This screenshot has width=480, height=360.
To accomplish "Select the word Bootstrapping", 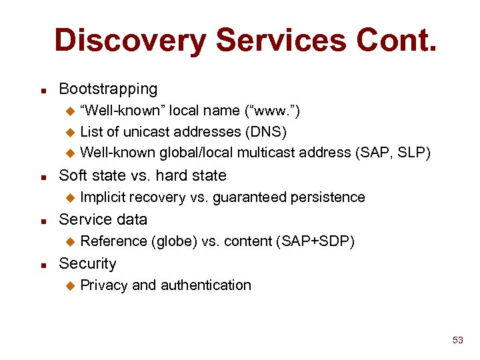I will pos(108,89).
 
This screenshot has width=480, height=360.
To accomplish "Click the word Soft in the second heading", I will pos(74,175).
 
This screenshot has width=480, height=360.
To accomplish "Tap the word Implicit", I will pos(103,197).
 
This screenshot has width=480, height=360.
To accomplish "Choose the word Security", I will pos(87,263).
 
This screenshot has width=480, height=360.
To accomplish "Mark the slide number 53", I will pos(457,341).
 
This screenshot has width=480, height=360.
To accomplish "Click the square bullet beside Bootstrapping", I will pos(43,90).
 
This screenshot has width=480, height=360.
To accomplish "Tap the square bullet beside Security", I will pos(43,265).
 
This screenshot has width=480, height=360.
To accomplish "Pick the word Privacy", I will pos(104,285).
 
